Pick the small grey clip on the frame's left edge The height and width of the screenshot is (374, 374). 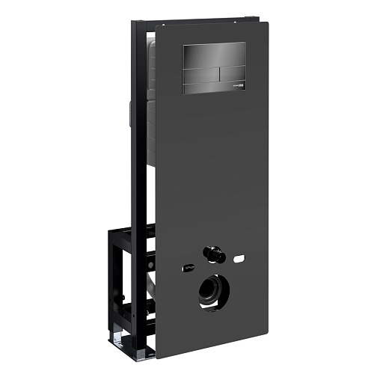(x=131, y=117)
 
